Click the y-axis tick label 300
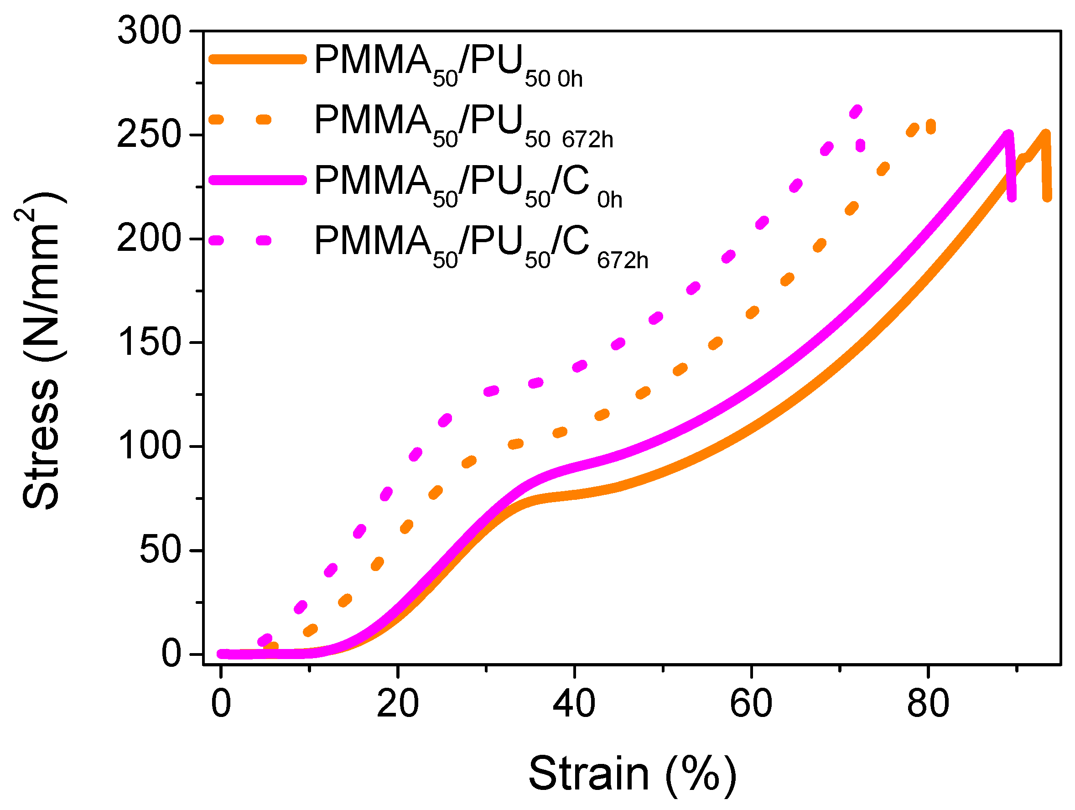pyautogui.click(x=149, y=31)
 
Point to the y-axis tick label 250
pyautogui.click(x=149, y=135)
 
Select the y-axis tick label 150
pyautogui.click(x=149, y=343)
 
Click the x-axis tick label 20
pyautogui.click(x=398, y=704)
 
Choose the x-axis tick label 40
pyautogui.click(x=574, y=704)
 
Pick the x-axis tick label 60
pyautogui.click(x=751, y=704)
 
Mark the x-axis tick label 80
pyautogui.click(x=928, y=704)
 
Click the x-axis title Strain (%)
pyautogui.click(x=632, y=774)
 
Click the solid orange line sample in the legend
pyautogui.click(x=258, y=59)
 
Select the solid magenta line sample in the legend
pyautogui.click(x=258, y=180)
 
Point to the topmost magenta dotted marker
pyautogui.click(x=856, y=112)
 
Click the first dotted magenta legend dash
pyautogui.click(x=216, y=240)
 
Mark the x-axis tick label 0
pyautogui.click(x=221, y=704)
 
